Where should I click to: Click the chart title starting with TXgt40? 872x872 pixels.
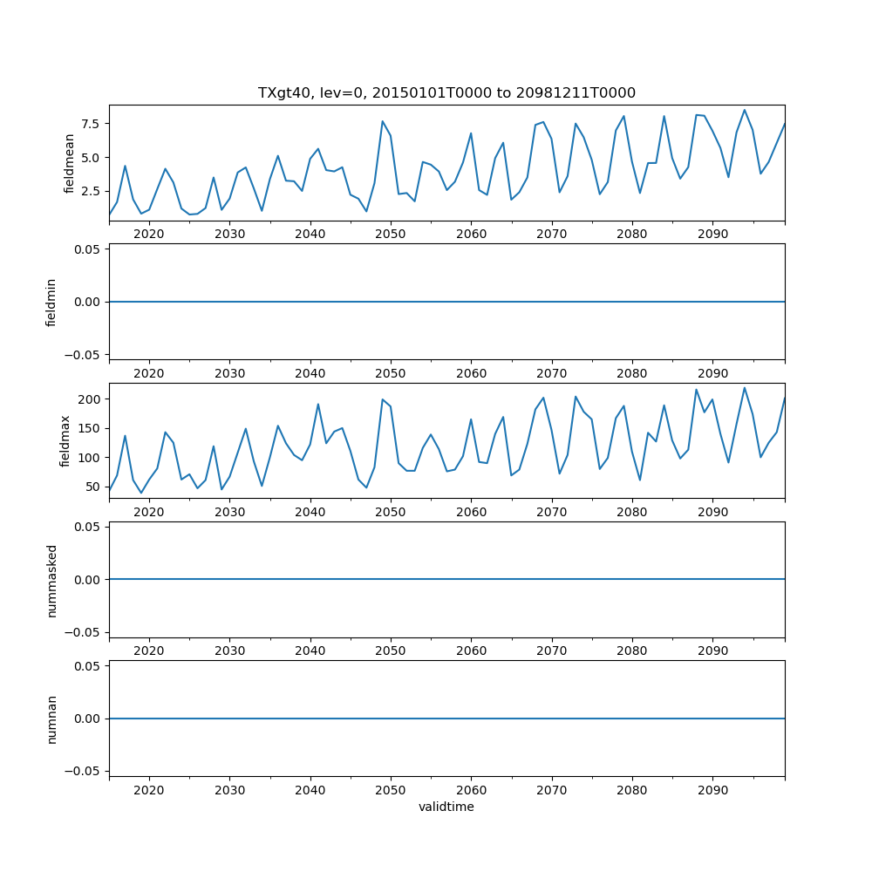click(x=446, y=92)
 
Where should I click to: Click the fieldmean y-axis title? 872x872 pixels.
click(x=70, y=163)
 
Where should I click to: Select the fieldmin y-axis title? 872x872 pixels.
click(x=51, y=302)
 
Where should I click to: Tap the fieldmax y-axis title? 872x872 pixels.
click(x=65, y=440)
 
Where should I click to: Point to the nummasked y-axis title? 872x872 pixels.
click(x=51, y=579)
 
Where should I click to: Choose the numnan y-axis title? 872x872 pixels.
click(x=51, y=719)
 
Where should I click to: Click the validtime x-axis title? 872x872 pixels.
click(x=446, y=807)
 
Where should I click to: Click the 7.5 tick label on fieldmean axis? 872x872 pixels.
click(x=92, y=124)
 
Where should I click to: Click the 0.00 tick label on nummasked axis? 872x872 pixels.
click(x=88, y=579)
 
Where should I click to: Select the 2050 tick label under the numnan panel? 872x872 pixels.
click(x=391, y=789)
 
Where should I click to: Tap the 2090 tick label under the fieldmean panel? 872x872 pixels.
click(x=712, y=234)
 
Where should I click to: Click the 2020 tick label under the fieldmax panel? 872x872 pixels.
click(x=149, y=512)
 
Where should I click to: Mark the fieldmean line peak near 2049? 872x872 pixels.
click(x=382, y=121)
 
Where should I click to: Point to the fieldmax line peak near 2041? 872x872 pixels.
click(x=318, y=404)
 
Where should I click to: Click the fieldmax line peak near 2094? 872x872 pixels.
click(x=744, y=388)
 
